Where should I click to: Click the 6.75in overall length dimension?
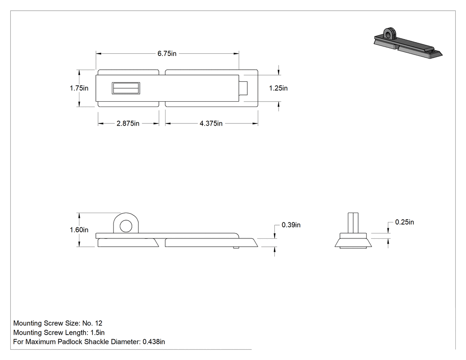[x=167, y=54]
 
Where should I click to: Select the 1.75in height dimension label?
[x=79, y=88]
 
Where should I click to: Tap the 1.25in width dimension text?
[x=278, y=88]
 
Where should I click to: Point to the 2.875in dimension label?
[x=128, y=123]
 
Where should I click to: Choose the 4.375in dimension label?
[x=211, y=123]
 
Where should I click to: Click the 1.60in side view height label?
[x=79, y=230]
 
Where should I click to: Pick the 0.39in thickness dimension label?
[x=291, y=225]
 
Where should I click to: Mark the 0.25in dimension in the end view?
[x=404, y=222]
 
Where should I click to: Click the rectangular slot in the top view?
[x=126, y=88]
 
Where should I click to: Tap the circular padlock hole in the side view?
[x=126, y=226]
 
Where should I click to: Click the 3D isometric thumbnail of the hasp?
[x=408, y=44]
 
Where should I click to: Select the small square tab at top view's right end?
[x=243, y=88]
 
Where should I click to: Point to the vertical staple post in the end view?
[x=353, y=223]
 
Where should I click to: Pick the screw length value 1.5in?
[x=98, y=332]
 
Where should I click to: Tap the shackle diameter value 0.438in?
[x=154, y=341]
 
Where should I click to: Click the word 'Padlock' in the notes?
[x=70, y=341]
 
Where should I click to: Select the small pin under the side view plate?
[x=236, y=247]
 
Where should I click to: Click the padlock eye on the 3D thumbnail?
[x=390, y=34]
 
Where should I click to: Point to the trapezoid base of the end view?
[x=353, y=242]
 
